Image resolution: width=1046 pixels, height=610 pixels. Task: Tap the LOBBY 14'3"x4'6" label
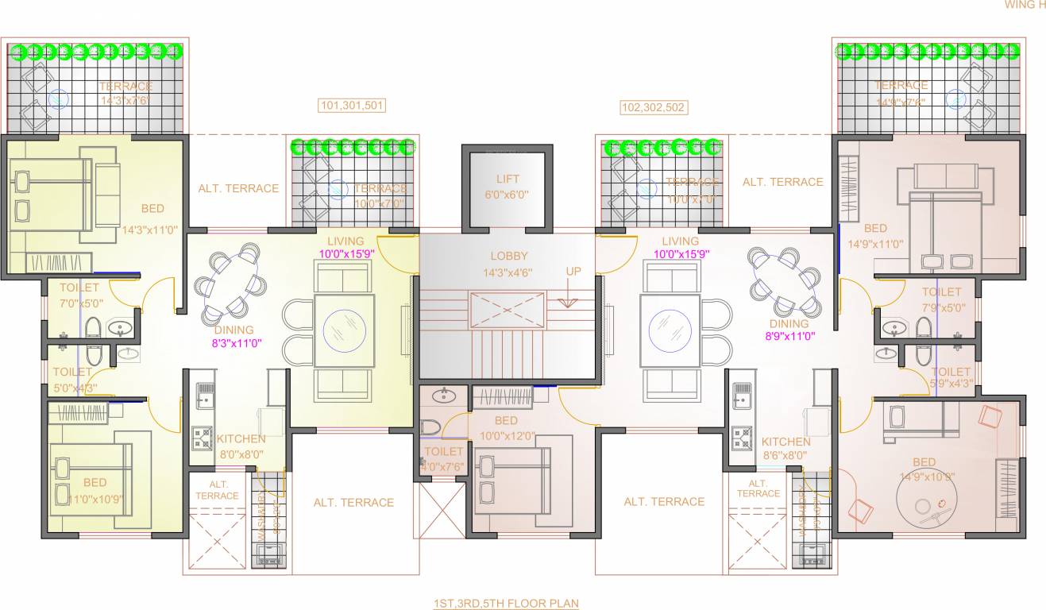point(508,264)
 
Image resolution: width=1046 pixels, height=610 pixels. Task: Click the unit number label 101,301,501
point(352,106)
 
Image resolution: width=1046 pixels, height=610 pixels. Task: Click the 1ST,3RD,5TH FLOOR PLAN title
point(506,604)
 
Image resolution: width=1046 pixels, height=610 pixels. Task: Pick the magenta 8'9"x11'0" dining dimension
point(788,337)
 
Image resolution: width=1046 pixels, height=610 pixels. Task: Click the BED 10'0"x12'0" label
point(505,428)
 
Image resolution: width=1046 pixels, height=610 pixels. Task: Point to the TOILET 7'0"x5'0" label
point(79,295)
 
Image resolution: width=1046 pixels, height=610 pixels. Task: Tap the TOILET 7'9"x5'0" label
point(941,299)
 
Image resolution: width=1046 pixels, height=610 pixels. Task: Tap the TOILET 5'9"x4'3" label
point(950,378)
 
